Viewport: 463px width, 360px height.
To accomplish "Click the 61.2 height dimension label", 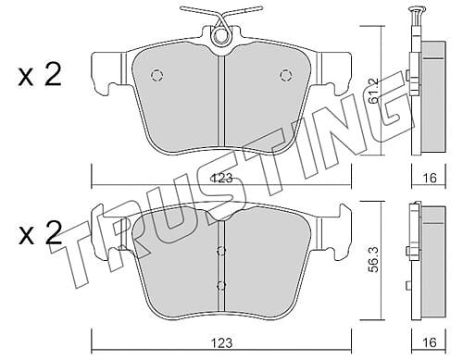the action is [x=374, y=90].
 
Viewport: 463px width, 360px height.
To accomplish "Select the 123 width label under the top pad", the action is [x=221, y=179].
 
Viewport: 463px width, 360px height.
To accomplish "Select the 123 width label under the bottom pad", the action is [x=221, y=342].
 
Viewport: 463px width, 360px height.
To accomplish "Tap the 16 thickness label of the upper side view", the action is [x=430, y=178].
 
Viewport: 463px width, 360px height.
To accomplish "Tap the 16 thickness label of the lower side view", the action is [x=430, y=342].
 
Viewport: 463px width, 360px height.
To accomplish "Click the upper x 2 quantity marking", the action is [x=40, y=74].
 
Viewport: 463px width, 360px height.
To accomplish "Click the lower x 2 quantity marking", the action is [x=40, y=233].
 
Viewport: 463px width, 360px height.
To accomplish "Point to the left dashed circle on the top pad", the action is [x=156, y=75].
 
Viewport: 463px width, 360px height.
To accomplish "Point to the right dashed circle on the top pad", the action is [x=286, y=75].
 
